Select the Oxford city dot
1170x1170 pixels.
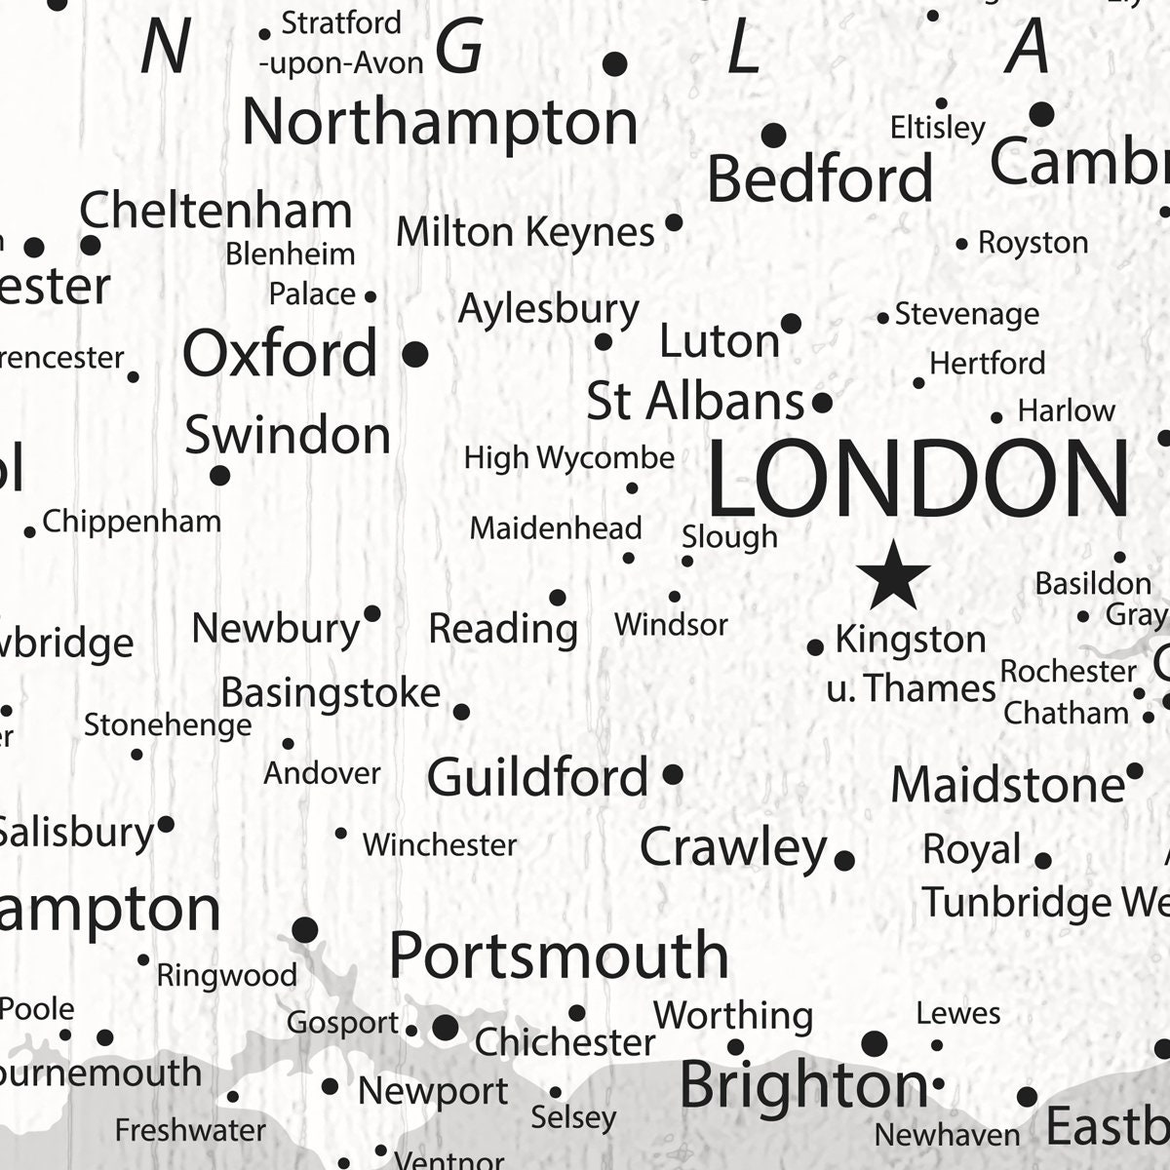click(415, 354)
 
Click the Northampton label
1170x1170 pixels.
click(440, 122)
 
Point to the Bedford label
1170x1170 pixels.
click(820, 178)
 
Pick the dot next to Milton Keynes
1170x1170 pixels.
click(674, 222)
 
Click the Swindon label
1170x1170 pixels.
click(288, 435)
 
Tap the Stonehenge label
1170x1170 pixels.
click(168, 725)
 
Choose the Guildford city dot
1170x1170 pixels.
click(673, 775)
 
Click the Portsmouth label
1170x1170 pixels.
click(559, 955)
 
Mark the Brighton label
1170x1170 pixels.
click(803, 1084)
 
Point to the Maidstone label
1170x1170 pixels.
click(1008, 785)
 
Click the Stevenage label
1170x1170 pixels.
click(966, 314)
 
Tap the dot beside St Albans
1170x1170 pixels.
click(822, 402)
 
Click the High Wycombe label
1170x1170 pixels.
click(569, 457)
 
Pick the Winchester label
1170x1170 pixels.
click(439, 844)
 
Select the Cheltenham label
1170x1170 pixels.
click(215, 211)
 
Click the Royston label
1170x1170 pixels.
click(1033, 243)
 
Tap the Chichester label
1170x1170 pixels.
click(565, 1042)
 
